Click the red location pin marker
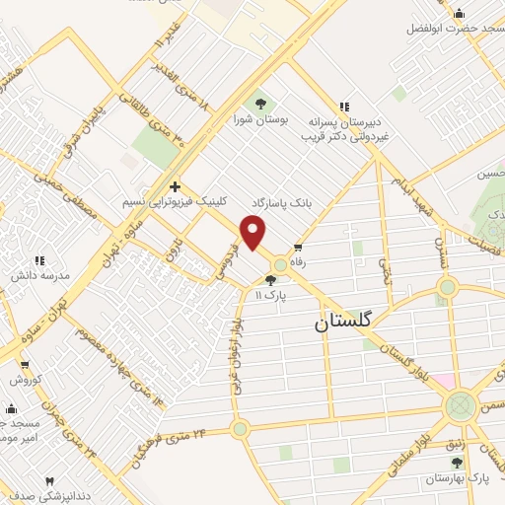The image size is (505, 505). (x=254, y=234)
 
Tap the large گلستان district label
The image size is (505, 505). (x=344, y=322)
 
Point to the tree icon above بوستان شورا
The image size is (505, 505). (x=260, y=103)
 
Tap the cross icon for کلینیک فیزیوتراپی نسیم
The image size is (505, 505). (x=175, y=186)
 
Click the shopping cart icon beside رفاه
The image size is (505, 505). (x=298, y=247)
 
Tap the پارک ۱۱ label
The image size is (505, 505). (x=269, y=295)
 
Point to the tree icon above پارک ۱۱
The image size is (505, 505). (x=271, y=280)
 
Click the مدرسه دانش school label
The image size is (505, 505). (x=40, y=275)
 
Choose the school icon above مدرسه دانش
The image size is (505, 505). (x=39, y=260)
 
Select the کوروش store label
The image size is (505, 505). (x=23, y=380)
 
